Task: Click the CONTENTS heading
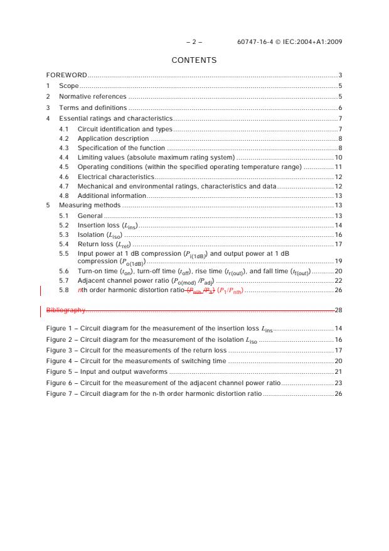(194, 60)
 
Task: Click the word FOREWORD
(67, 75)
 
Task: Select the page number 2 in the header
(194, 42)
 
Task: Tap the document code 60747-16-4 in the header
(256, 42)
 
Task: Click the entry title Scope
(68, 85)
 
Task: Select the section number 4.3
(63, 148)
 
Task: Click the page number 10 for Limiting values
(338, 157)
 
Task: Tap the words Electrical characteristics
(115, 177)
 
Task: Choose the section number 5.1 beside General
(63, 215)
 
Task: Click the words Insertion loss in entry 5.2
(96, 225)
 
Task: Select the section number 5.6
(63, 271)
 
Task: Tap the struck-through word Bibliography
(66, 310)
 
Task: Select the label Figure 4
(60, 361)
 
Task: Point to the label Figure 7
(60, 393)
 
